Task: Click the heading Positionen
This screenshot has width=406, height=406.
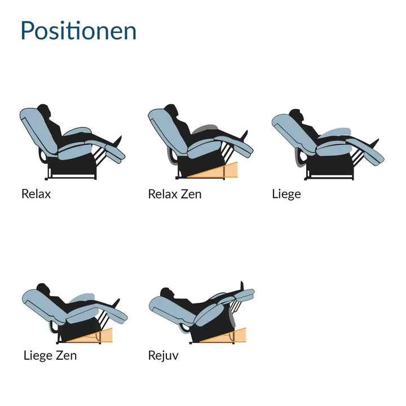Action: click(78, 30)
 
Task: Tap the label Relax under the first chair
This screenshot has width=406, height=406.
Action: click(36, 194)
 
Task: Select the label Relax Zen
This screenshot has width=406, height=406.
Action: click(175, 194)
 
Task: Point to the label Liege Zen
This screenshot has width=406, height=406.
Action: click(50, 355)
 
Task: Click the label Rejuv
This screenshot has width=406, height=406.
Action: click(163, 355)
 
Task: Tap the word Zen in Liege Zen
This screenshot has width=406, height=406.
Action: click(67, 355)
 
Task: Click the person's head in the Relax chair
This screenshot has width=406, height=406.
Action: click(43, 110)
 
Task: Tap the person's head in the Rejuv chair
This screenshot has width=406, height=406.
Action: click(166, 293)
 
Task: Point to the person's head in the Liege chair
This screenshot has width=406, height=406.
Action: click(295, 114)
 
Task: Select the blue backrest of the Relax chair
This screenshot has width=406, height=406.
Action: click(39, 130)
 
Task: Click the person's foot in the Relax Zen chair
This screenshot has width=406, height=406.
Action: click(244, 135)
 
